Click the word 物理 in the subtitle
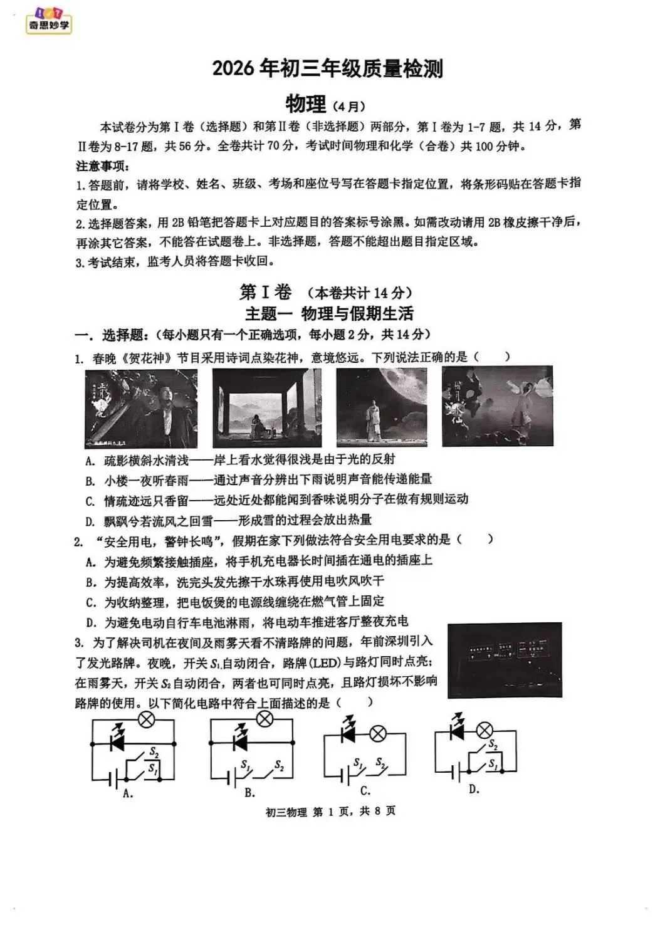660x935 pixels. (305, 103)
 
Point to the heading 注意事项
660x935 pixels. (103, 166)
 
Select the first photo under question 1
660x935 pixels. (140, 408)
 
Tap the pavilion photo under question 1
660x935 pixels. (266, 407)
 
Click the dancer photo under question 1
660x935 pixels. (497, 407)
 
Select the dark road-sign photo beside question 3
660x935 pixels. (505, 660)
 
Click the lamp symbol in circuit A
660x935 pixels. (146, 720)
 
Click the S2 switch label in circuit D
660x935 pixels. (493, 744)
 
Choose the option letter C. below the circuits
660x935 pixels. (365, 791)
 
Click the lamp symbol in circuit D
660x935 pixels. (484, 730)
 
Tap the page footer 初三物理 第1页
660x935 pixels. (330, 812)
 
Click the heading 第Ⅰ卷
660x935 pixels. (266, 292)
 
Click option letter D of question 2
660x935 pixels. (91, 622)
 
